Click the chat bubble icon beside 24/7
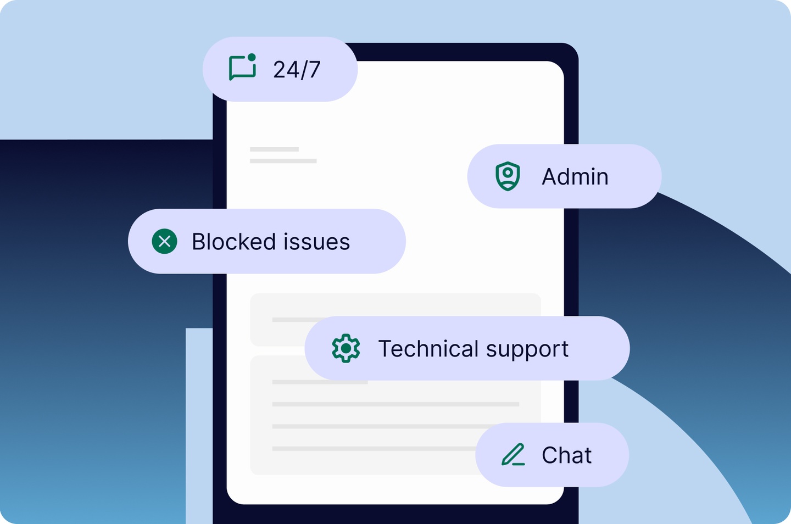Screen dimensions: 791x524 coord(242,68)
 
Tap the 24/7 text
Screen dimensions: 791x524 coord(297,70)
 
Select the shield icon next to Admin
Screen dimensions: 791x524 coord(508,176)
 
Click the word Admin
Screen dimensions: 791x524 coord(575,177)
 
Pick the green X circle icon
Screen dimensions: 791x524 coord(164,241)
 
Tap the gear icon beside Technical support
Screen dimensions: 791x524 coord(346,348)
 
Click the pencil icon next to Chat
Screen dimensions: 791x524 coord(513,455)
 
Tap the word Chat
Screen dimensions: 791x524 coord(566,455)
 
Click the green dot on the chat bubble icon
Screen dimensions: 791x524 coord(252,57)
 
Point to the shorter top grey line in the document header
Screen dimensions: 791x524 coord(274,149)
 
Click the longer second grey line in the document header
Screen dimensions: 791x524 coord(283,161)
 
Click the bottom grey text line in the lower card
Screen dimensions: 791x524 coord(374,449)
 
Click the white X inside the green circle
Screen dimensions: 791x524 coord(164,241)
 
